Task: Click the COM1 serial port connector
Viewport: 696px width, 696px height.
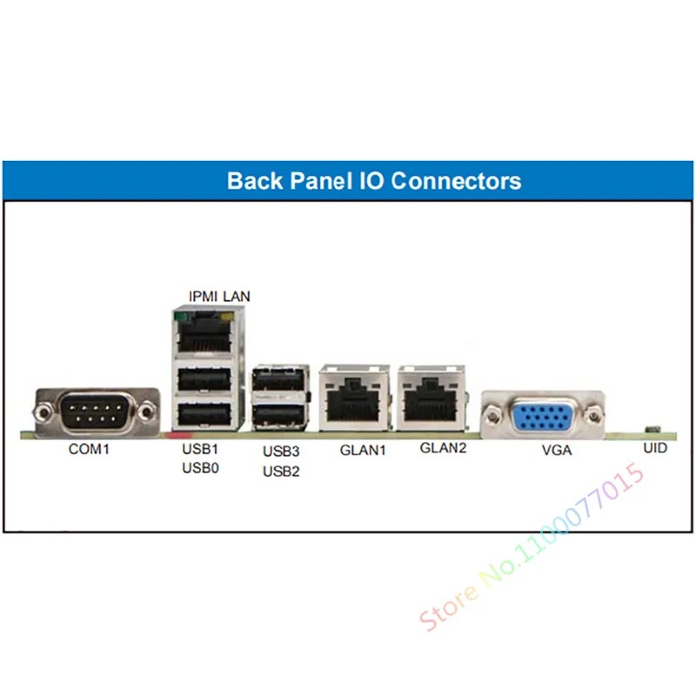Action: tap(97, 412)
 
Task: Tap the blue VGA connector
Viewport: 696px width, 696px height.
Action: tap(542, 416)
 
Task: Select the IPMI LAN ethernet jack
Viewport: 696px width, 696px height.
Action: tap(204, 332)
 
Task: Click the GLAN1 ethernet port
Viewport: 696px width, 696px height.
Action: tap(354, 398)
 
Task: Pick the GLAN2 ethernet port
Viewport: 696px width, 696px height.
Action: tap(431, 398)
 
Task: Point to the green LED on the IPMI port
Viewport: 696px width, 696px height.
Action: tap(181, 317)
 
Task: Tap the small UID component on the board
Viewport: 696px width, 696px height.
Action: tap(652, 429)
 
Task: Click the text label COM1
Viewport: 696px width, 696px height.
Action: tap(89, 449)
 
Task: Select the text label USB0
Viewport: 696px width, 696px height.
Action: tap(200, 468)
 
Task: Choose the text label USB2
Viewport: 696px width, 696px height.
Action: tap(281, 471)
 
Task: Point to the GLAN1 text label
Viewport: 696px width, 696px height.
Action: tap(363, 450)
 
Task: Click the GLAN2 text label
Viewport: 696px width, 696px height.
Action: tap(443, 448)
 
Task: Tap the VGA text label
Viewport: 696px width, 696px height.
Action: tap(557, 450)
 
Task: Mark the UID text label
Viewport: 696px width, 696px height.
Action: tap(655, 448)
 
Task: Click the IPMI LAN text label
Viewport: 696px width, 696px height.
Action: tap(219, 296)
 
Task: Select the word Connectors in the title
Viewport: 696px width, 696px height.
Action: tap(456, 181)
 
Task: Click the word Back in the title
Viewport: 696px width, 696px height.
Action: tap(255, 181)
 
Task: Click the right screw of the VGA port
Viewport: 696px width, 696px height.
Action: tap(594, 416)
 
